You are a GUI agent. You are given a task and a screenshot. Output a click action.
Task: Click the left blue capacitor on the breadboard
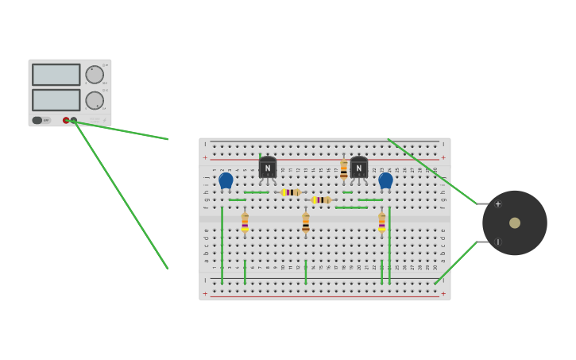pyautogui.click(x=226, y=180)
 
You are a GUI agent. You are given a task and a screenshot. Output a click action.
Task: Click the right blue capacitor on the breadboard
pyautogui.click(x=385, y=180)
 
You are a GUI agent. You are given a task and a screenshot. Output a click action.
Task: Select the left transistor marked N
pyautogui.click(x=268, y=167)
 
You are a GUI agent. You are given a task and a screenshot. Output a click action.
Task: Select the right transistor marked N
pyautogui.click(x=359, y=167)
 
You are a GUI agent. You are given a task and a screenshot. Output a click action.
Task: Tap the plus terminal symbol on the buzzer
pyautogui.click(x=498, y=204)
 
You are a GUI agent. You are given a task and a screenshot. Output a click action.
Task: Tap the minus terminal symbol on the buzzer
pyautogui.click(x=498, y=242)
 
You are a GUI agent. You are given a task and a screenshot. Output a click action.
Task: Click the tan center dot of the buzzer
pyautogui.click(x=515, y=223)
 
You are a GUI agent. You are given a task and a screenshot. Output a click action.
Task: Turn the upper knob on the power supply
pyautogui.click(x=95, y=75)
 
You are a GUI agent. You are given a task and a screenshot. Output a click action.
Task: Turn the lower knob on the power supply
pyautogui.click(x=95, y=100)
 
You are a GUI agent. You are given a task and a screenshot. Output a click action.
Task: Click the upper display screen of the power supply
pyautogui.click(x=56, y=75)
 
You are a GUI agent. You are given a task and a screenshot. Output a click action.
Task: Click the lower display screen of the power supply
pyautogui.click(x=56, y=100)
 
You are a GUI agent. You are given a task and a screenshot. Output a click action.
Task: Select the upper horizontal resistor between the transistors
pyautogui.click(x=291, y=192)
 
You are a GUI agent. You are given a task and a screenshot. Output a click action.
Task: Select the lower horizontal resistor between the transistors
pyautogui.click(x=321, y=200)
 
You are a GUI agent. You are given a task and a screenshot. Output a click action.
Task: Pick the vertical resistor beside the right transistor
pyautogui.click(x=344, y=169)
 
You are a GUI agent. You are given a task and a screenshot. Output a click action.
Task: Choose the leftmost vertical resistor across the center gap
pyautogui.click(x=245, y=223)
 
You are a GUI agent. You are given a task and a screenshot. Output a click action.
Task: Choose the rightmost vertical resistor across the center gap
pyautogui.click(x=381, y=223)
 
